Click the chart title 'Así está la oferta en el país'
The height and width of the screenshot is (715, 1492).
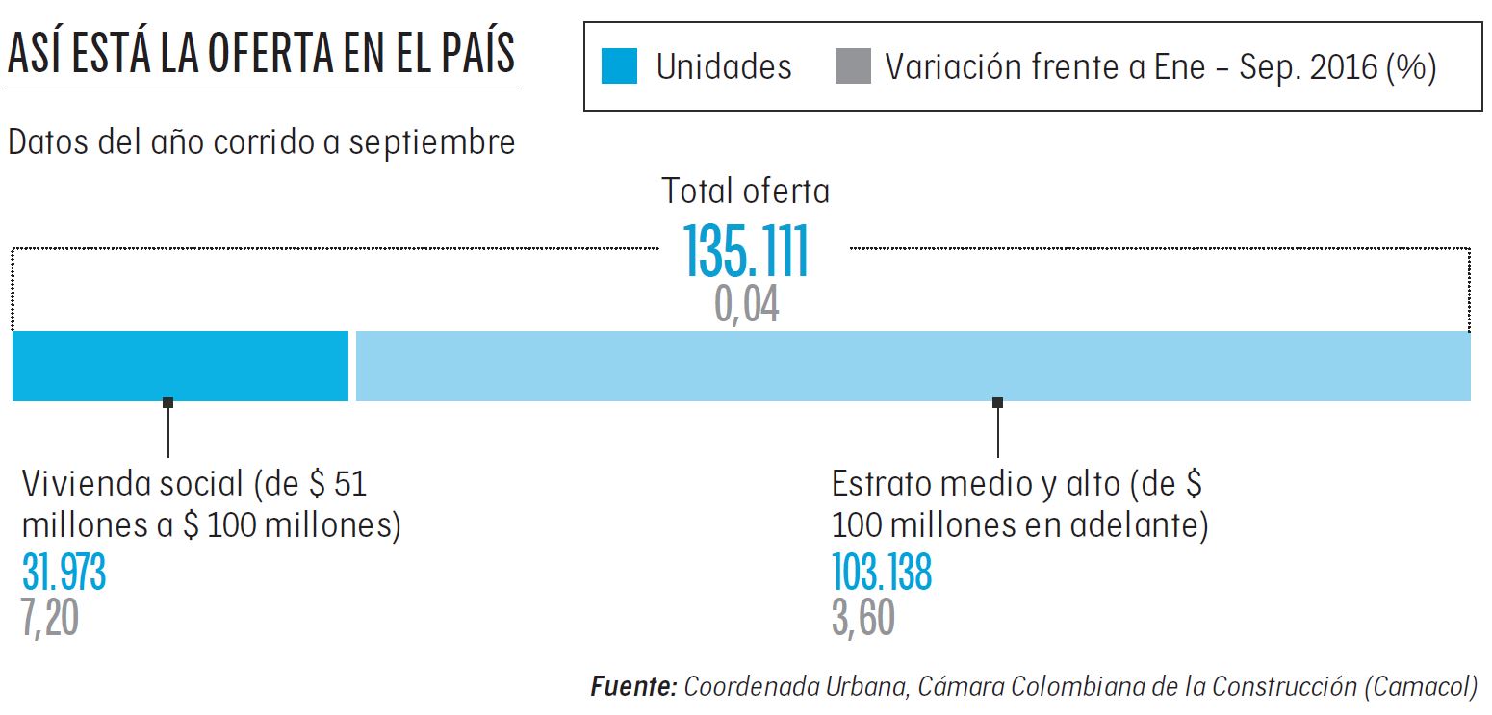[261, 55]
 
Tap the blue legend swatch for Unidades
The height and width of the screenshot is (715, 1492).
[619, 67]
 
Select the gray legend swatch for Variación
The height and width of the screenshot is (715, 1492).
[853, 67]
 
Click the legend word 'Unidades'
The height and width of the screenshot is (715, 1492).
[724, 67]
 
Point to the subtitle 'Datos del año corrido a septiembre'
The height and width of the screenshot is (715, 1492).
[261, 142]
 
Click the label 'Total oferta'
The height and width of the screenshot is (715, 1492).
[745, 192]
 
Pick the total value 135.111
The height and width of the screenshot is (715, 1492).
[747, 252]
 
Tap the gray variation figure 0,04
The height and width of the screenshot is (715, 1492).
[747, 305]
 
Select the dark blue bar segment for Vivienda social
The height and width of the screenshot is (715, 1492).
[180, 366]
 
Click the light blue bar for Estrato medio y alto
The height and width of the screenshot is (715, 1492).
[913, 366]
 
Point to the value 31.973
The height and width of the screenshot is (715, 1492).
[64, 574]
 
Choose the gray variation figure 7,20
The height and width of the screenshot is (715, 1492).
[50, 618]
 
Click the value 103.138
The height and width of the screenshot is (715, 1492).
[882, 574]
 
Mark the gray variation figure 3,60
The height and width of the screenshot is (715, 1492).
[863, 618]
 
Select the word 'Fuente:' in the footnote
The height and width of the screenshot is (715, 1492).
[633, 687]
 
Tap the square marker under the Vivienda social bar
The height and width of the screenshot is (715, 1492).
[168, 402]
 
